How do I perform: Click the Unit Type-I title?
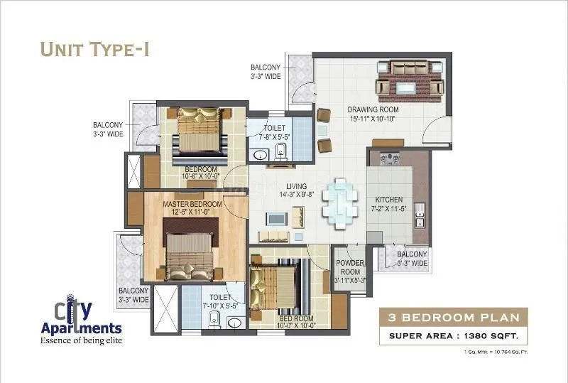94,49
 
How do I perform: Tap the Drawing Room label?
373,110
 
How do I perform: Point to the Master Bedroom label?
192,205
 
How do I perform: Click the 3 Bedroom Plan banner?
454,318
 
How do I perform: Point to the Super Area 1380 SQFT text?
454,335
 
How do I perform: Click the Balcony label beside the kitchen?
412,259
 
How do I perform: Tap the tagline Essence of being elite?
80,340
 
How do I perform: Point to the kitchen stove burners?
390,158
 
